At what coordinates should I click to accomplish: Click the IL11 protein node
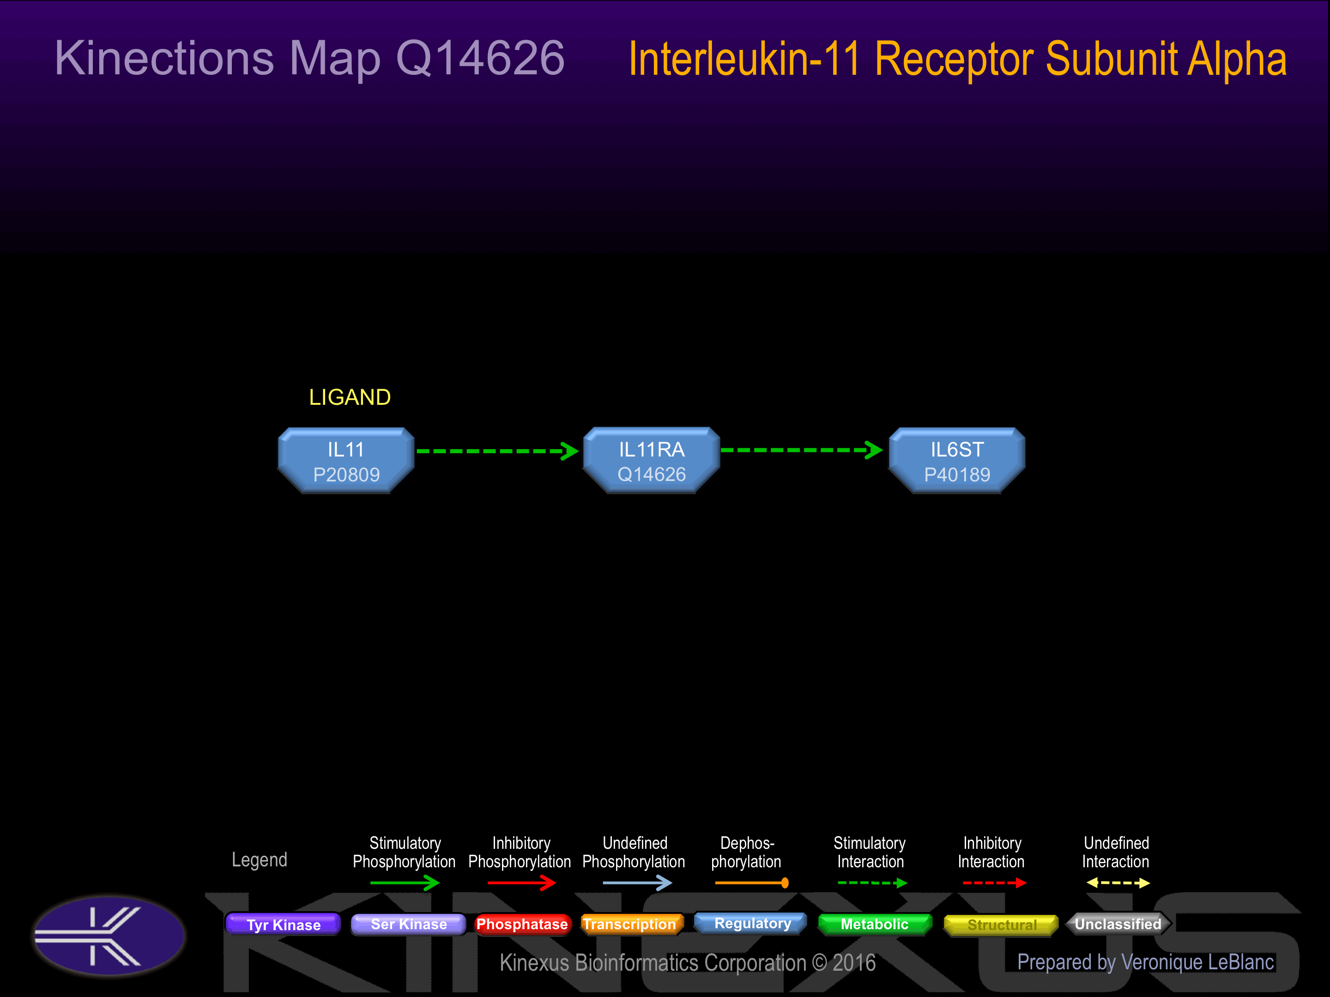[x=346, y=461]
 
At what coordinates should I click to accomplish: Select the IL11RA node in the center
[x=652, y=461]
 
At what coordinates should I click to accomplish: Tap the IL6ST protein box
[x=957, y=461]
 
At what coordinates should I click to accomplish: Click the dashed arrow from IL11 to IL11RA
[x=498, y=450]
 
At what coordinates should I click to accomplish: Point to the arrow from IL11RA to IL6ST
[x=802, y=450]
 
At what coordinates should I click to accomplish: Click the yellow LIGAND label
[x=350, y=397]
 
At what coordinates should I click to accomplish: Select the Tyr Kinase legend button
[x=283, y=924]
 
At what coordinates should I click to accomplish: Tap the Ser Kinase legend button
[x=409, y=924]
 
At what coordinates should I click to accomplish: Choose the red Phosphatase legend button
[x=522, y=924]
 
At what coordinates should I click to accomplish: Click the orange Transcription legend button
[x=629, y=924]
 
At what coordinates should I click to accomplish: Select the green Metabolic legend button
[x=875, y=924]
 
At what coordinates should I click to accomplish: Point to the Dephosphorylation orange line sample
[x=751, y=883]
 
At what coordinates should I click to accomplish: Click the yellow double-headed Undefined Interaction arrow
[x=1118, y=883]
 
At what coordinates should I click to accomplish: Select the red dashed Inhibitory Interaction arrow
[x=994, y=883]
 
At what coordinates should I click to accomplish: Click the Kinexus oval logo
[x=109, y=936]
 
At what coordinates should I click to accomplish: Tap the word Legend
[x=260, y=860]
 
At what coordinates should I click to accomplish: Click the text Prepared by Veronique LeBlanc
[x=1145, y=962]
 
